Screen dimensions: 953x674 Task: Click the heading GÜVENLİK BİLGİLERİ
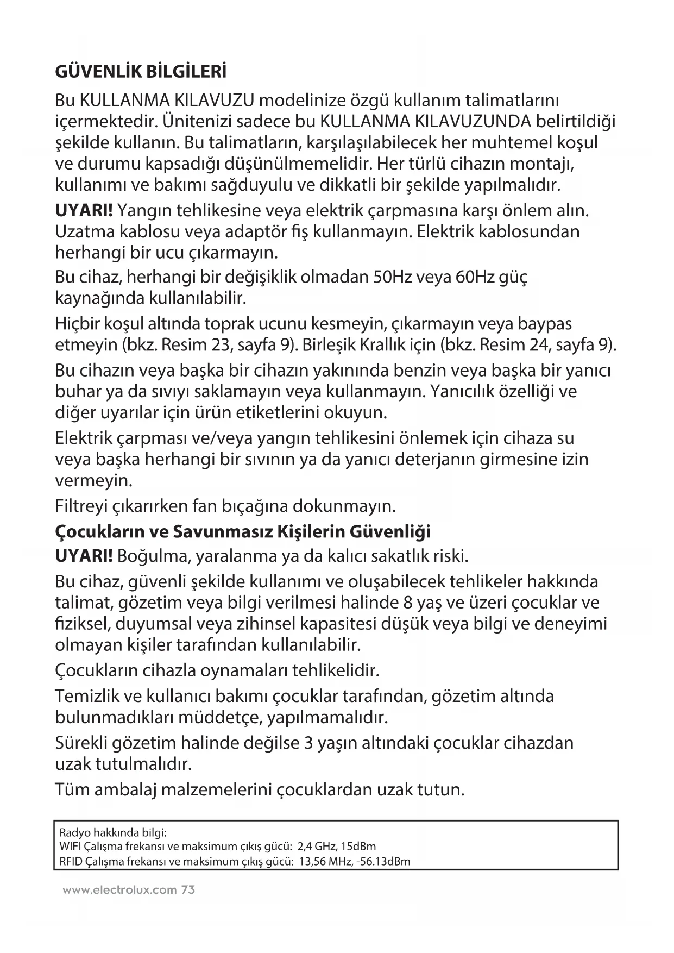pyautogui.click(x=141, y=72)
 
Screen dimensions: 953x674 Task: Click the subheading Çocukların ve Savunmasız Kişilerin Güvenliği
pyautogui.click(x=243, y=531)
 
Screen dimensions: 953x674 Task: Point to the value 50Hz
pyautogui.click(x=392, y=277)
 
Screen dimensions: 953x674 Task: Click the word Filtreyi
pyautogui.click(x=81, y=506)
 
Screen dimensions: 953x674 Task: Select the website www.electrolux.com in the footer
pyautogui.click(x=119, y=890)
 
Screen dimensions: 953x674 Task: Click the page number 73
pyautogui.click(x=188, y=890)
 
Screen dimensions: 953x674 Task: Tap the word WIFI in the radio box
pyautogui.click(x=67, y=847)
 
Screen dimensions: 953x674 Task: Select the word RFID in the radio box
pyautogui.click(x=68, y=861)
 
